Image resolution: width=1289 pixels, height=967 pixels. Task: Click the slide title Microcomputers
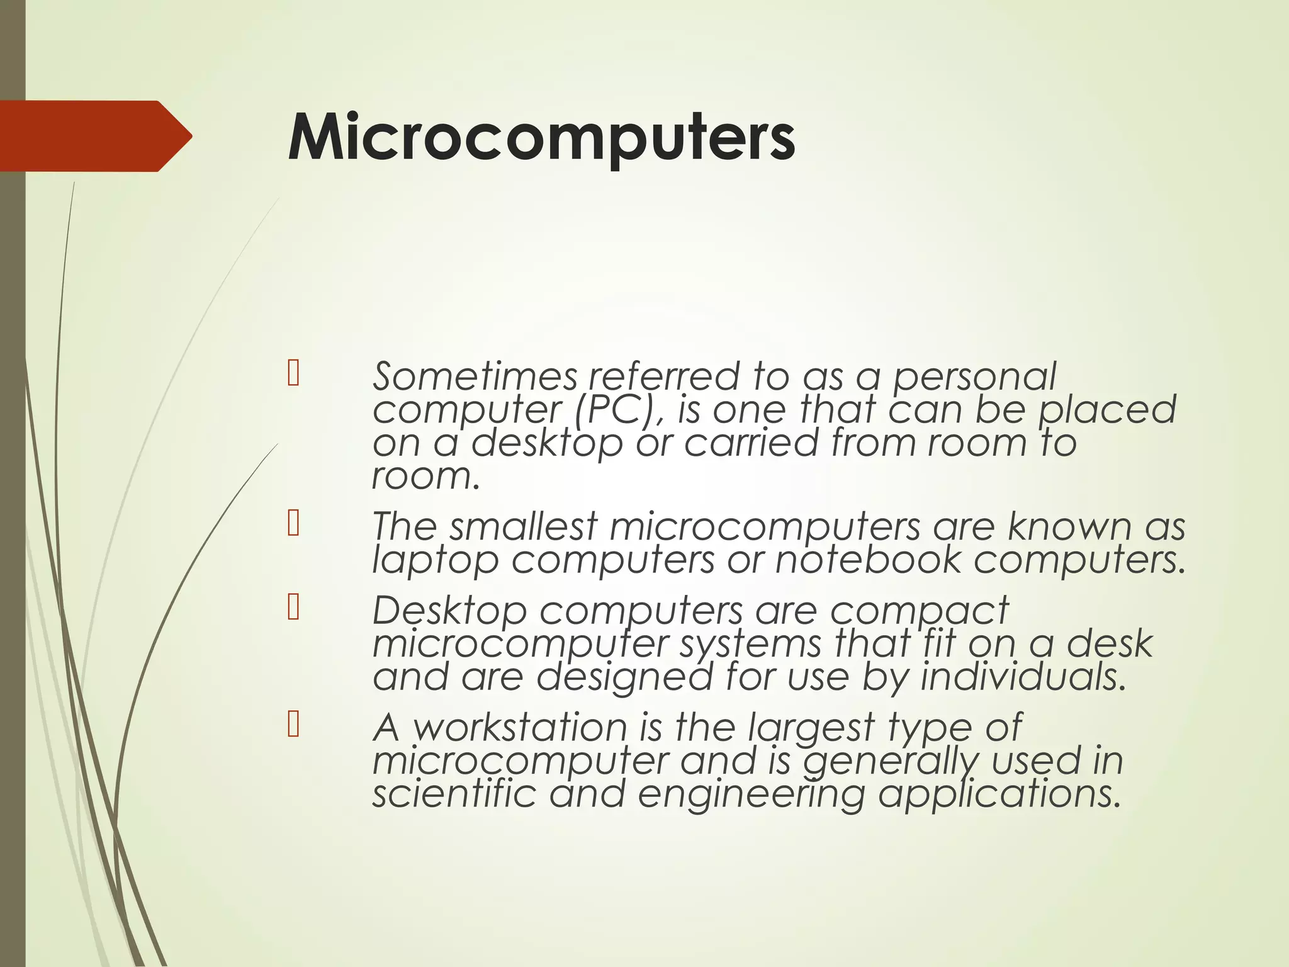coord(541,137)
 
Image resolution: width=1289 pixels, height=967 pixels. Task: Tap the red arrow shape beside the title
coord(94,136)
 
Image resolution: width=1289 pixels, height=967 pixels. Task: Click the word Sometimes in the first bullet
coord(475,377)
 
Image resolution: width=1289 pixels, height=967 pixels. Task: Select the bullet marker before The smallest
coord(293,523)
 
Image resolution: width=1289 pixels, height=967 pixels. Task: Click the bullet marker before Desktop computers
coord(293,608)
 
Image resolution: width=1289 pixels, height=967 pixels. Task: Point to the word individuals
coord(1023,677)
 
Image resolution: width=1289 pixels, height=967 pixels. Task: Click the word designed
coord(624,677)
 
